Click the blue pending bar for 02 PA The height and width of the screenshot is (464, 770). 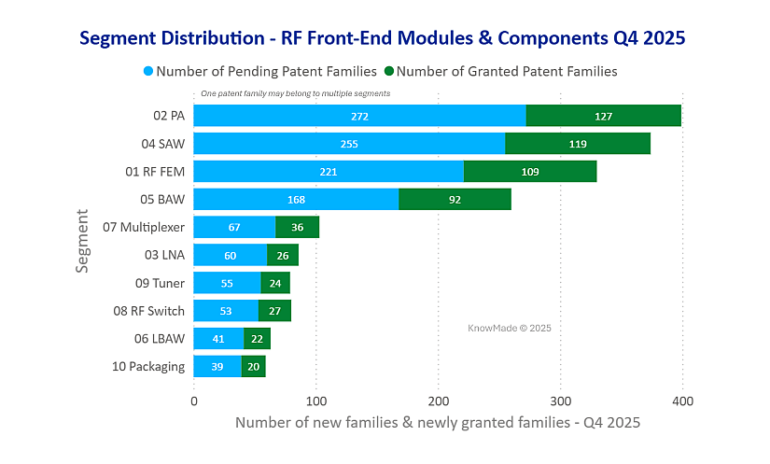point(359,116)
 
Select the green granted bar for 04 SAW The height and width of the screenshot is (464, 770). point(578,144)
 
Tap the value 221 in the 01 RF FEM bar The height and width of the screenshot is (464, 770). point(328,172)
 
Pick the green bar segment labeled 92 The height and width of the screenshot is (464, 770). point(455,199)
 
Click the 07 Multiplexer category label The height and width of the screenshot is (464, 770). point(144,227)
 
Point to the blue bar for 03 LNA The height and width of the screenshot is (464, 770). point(230,255)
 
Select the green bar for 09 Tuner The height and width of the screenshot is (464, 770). point(275,283)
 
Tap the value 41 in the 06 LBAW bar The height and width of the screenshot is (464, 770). point(217,338)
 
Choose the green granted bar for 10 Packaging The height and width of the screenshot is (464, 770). point(253,366)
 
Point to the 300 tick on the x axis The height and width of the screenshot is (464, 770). point(560,401)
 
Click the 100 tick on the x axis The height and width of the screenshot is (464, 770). point(315,401)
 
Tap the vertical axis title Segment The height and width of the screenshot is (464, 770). point(83,241)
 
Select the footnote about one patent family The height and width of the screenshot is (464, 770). point(296,93)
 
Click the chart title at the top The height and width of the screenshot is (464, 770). point(383,38)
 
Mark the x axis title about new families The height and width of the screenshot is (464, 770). point(437,423)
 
